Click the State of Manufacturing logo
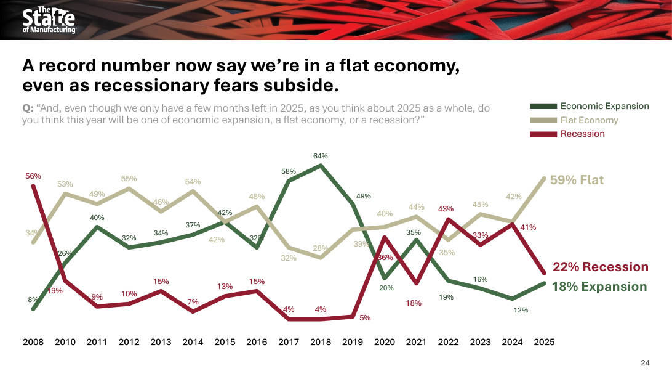point(49,20)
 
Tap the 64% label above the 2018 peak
point(321,156)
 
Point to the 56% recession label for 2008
point(33,176)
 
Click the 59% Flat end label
point(577,181)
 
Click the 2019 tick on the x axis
point(353,342)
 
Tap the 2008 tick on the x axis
point(33,342)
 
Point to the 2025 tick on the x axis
point(544,342)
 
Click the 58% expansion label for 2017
point(289,171)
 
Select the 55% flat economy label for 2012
point(129,179)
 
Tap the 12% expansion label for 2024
point(521,310)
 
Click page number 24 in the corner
point(645,362)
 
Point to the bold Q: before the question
point(28,108)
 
